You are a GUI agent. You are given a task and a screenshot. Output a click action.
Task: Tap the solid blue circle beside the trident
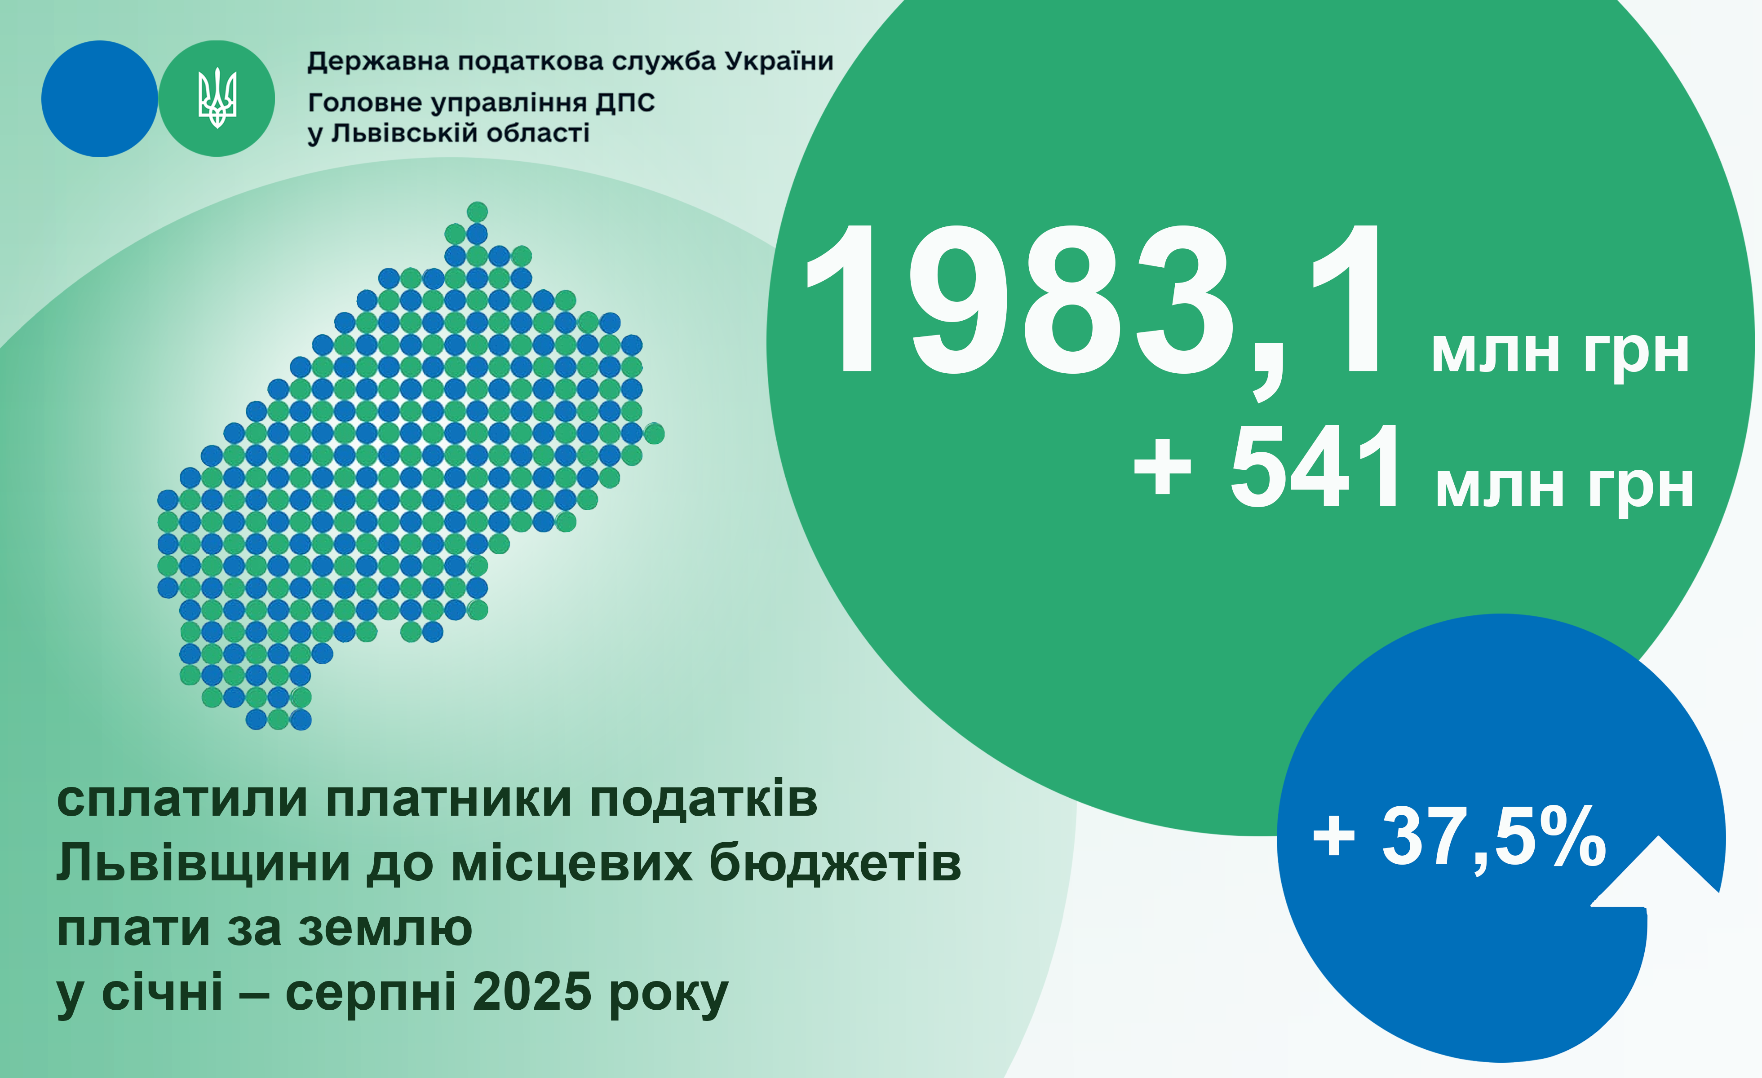tap(99, 99)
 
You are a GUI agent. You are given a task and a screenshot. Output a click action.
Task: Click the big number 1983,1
tap(1094, 304)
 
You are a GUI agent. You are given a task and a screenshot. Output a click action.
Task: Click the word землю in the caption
tap(385, 929)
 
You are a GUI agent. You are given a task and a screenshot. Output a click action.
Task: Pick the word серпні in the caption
tap(371, 993)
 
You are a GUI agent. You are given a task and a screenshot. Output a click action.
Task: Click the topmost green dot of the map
tap(477, 212)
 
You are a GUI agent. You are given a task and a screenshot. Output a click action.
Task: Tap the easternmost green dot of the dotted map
tap(654, 433)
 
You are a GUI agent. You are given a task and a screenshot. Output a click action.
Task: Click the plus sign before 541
tap(1163, 468)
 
